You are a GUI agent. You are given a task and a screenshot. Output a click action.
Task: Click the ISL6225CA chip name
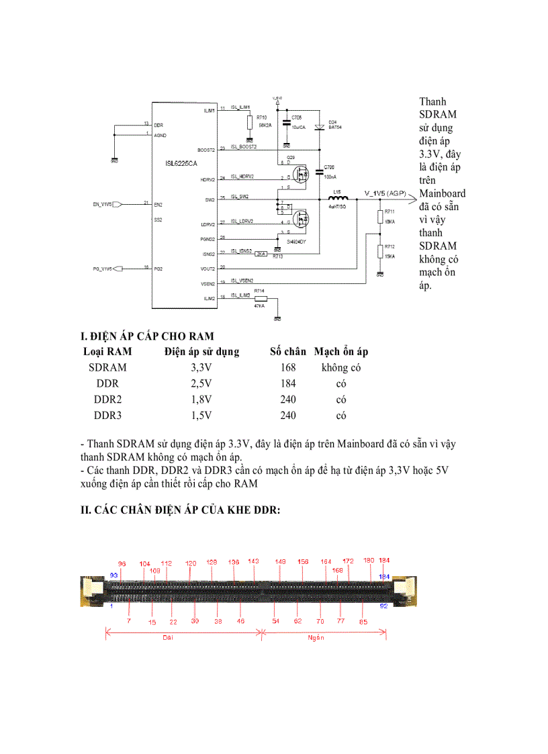181,164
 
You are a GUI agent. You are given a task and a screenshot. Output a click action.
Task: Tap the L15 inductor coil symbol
337,198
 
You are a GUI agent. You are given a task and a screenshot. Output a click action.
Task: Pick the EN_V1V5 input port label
102,203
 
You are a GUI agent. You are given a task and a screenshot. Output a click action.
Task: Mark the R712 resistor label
390,246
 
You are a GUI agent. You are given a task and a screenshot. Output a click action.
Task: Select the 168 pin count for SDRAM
287,367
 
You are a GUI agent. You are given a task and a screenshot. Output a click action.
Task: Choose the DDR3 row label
107,416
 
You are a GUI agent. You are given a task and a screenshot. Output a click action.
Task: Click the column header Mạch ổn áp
340,351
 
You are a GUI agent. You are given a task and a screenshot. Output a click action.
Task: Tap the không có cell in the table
340,367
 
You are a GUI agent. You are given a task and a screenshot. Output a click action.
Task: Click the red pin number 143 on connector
253,561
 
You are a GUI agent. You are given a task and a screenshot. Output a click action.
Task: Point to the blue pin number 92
384,606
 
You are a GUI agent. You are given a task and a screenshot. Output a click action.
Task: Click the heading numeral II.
85,510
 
